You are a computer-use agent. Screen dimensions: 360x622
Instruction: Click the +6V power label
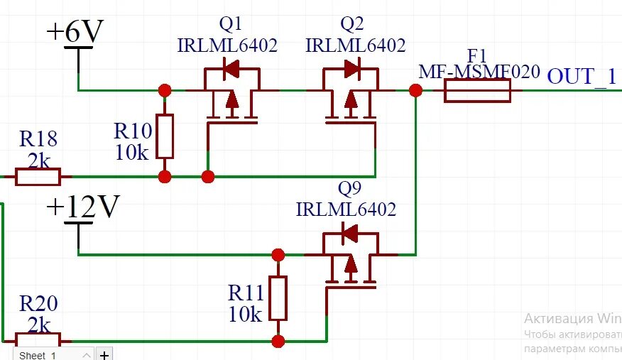click(75, 32)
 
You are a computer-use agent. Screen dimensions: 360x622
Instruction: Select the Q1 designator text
click(231, 24)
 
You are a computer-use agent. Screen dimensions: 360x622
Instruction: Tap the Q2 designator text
click(352, 24)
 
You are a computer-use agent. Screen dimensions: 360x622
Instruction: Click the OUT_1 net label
click(582, 75)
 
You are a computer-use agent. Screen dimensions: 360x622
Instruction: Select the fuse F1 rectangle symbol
click(477, 91)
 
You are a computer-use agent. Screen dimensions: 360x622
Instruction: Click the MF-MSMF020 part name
click(479, 72)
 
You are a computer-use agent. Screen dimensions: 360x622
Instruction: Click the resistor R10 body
click(165, 137)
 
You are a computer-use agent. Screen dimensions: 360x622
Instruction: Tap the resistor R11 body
click(278, 298)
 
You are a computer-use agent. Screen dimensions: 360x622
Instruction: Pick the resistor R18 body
click(38, 176)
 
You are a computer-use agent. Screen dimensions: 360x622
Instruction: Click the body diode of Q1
click(231, 69)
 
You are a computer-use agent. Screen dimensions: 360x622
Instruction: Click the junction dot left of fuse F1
click(416, 90)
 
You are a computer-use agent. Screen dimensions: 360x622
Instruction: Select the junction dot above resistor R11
click(278, 253)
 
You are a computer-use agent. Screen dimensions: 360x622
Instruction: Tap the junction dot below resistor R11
click(278, 341)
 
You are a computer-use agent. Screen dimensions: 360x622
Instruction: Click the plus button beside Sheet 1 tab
click(104, 354)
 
